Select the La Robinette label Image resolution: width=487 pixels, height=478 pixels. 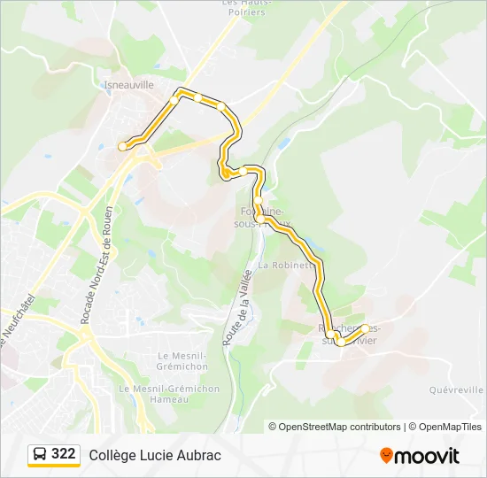point(285,264)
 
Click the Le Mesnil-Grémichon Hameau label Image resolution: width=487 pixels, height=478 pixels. point(155,394)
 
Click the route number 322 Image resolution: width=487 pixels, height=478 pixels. point(63,454)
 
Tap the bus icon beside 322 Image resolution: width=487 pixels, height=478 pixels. point(40,454)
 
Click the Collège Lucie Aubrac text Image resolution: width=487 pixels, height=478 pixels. point(155,455)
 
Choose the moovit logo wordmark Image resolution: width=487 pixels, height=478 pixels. point(427,456)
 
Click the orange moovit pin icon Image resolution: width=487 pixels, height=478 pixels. point(386,455)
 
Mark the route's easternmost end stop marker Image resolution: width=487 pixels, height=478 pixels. point(365,328)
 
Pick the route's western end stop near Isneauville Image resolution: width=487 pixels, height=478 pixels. point(122,147)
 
